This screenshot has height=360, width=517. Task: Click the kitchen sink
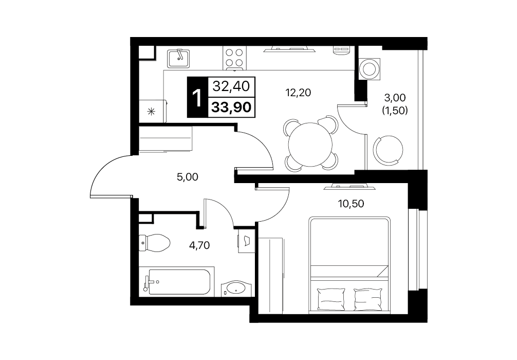point(178,59)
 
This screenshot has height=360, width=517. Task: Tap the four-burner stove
point(234,58)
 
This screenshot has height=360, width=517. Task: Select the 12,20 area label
point(298,93)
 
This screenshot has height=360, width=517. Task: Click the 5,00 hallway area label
point(187,177)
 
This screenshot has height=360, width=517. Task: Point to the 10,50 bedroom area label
point(351,204)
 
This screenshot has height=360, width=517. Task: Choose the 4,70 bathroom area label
point(199,245)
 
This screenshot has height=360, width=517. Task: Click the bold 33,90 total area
point(231,107)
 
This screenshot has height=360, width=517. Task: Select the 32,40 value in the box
point(231,86)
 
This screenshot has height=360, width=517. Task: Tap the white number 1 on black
point(197,98)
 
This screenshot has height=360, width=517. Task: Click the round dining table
point(310,145)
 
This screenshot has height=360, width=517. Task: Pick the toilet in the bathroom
point(154,243)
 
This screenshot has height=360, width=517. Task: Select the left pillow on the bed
point(331,299)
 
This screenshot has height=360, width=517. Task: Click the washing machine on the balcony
point(370,69)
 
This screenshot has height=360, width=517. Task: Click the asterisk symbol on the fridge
point(151,112)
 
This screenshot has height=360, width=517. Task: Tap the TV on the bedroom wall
point(349,187)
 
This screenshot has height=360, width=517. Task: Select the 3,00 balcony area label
point(395,98)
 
